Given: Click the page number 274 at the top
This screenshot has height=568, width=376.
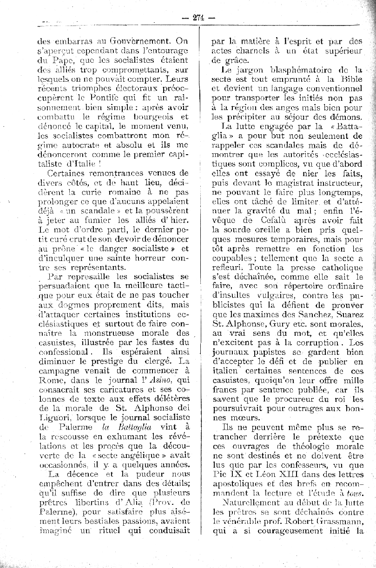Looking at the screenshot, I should [x=198, y=18].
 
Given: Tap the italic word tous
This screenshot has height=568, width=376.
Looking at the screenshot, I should [x=354, y=493].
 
